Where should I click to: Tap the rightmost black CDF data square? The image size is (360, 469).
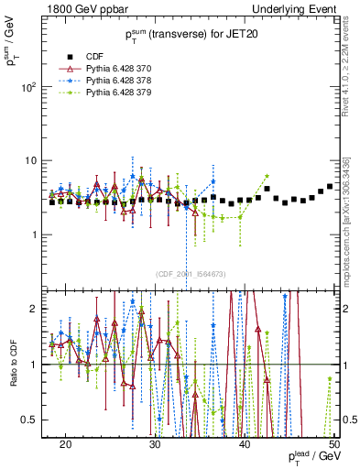point(330,187)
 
